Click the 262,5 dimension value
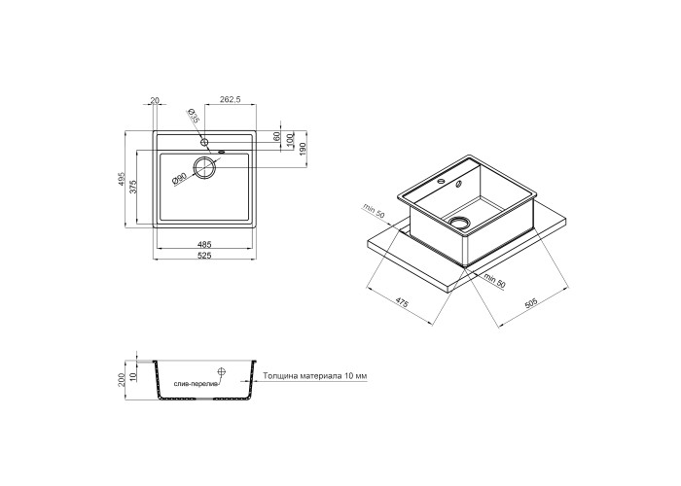tap(231, 99)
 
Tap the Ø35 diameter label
tap(193, 116)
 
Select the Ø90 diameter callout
tap(179, 179)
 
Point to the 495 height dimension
tap(122, 179)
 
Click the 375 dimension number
tap(134, 187)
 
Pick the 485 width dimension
tap(204, 244)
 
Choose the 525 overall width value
tap(204, 256)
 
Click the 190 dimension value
tap(303, 149)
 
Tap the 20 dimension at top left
tap(154, 101)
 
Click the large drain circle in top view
tap(204, 167)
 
